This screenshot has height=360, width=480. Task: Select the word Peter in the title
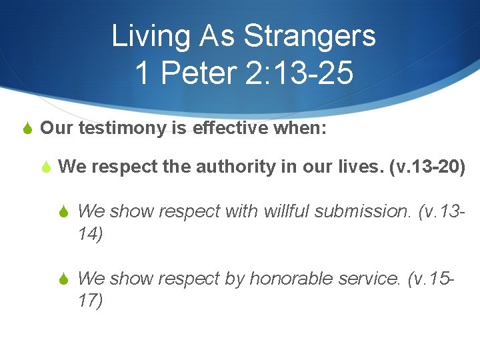click(200, 73)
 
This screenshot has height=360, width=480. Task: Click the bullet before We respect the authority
click(46, 167)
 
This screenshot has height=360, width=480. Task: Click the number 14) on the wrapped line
click(91, 235)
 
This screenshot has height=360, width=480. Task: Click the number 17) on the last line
click(91, 301)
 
